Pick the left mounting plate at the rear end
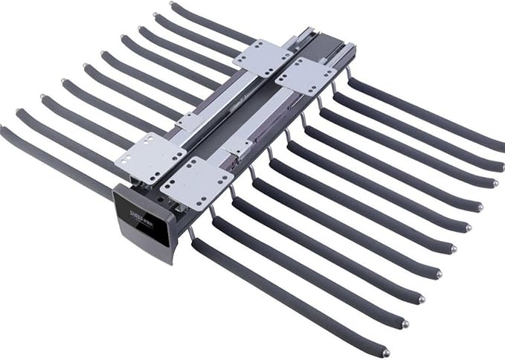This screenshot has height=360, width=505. point(262,57)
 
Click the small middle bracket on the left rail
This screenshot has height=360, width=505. point(190,122)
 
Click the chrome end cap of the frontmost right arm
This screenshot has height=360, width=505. point(385,353)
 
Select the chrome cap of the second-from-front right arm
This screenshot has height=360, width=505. point(405,324)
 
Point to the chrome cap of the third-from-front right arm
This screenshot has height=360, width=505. point(422,300)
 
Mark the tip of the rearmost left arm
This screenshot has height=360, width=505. point(173,5)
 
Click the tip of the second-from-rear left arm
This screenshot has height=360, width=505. point(157,15)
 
